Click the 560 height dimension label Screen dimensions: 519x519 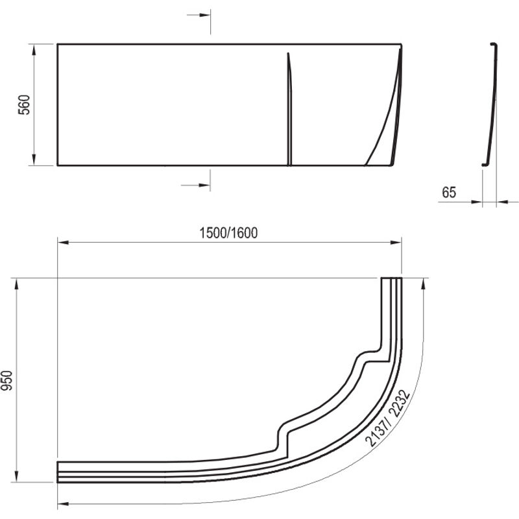pos(24,104)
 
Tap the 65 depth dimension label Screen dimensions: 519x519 pos(449,192)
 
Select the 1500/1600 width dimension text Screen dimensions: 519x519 pos(228,233)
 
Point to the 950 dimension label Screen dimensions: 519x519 pos(6,381)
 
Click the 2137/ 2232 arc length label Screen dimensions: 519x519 pos(387,418)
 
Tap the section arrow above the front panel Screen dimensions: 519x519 pos(199,15)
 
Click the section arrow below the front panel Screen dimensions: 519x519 pos(196,185)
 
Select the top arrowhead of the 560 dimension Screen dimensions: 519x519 pos(34,50)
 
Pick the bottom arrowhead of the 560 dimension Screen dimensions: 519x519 pos(34,160)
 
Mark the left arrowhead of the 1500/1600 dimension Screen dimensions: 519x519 pos(63,242)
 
